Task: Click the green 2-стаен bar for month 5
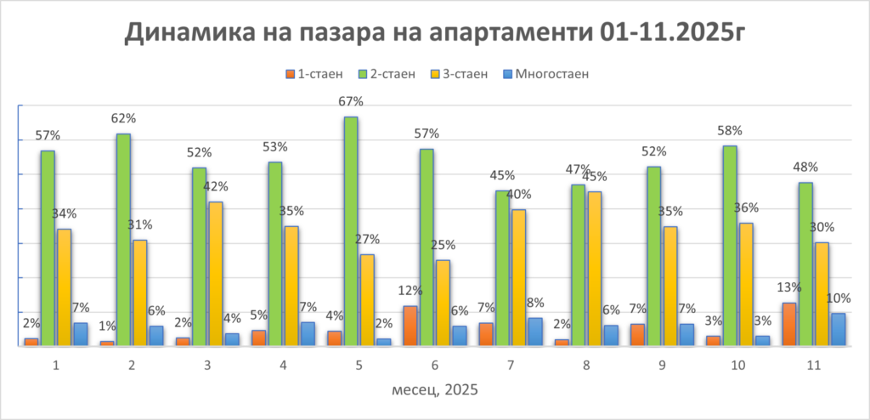[x=351, y=230]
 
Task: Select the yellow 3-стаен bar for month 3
[x=216, y=273]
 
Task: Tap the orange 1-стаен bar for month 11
[x=790, y=324]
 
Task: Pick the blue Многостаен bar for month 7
[x=535, y=332]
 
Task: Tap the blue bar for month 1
[x=81, y=334]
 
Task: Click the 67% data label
[x=351, y=102]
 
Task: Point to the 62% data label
[x=123, y=118]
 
